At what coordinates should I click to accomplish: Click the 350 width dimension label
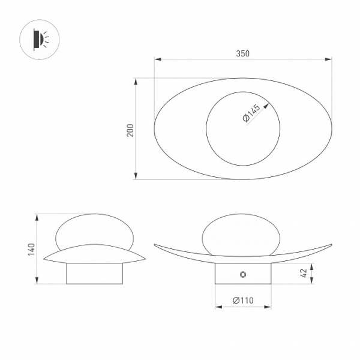[242, 53]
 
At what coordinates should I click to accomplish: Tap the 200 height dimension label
[130, 130]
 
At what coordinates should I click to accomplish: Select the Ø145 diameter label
[251, 113]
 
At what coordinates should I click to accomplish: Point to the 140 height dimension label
[31, 250]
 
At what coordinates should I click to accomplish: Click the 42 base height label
[304, 273]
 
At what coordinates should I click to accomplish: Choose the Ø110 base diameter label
[243, 301]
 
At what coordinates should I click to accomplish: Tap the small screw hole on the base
[243, 274]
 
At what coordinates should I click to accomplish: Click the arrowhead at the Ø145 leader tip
[266, 106]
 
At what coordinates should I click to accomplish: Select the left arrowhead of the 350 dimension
[157, 59]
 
